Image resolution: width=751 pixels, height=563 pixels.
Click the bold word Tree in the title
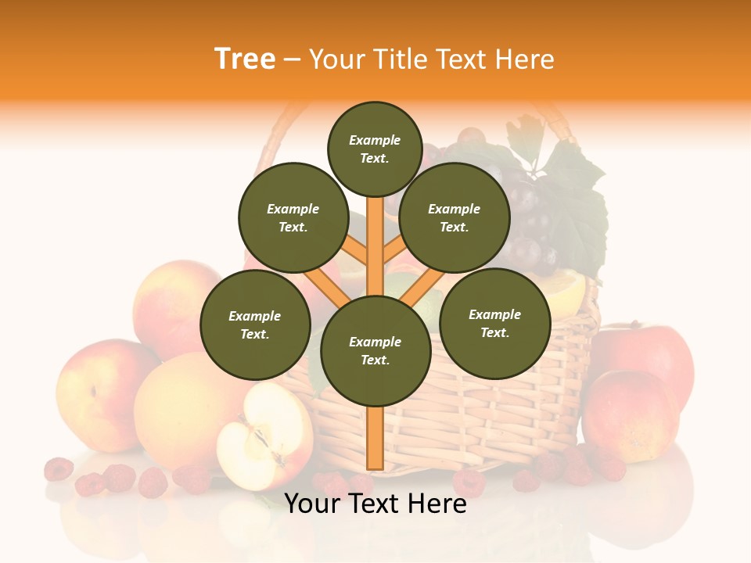[245, 59]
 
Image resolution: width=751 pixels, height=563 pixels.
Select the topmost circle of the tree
[375, 149]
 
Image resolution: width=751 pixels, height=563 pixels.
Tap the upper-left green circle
[293, 217]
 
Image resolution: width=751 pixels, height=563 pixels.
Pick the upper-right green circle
[455, 217]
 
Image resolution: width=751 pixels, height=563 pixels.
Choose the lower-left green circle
[255, 325]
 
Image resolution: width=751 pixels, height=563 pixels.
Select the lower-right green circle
[494, 323]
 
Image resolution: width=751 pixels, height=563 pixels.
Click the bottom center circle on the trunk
[375, 350]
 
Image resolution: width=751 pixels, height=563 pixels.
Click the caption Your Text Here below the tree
[375, 504]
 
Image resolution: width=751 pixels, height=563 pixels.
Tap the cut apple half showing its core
[262, 434]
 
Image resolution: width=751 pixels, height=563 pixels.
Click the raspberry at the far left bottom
[58, 469]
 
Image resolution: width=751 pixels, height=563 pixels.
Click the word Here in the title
[528, 59]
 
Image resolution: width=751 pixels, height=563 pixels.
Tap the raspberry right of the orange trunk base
[469, 482]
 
